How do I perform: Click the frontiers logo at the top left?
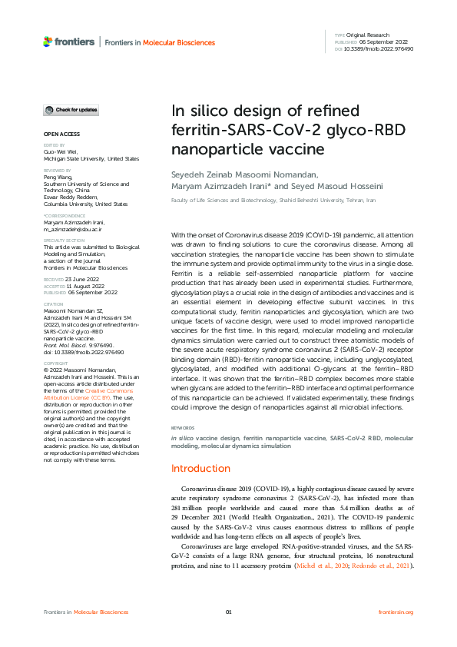(x=69, y=41)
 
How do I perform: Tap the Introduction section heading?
(x=200, y=468)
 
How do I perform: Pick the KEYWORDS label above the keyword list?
(x=183, y=427)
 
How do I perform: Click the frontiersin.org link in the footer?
(x=396, y=612)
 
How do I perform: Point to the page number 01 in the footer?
(x=228, y=612)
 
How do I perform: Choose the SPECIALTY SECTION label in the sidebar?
(x=63, y=240)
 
